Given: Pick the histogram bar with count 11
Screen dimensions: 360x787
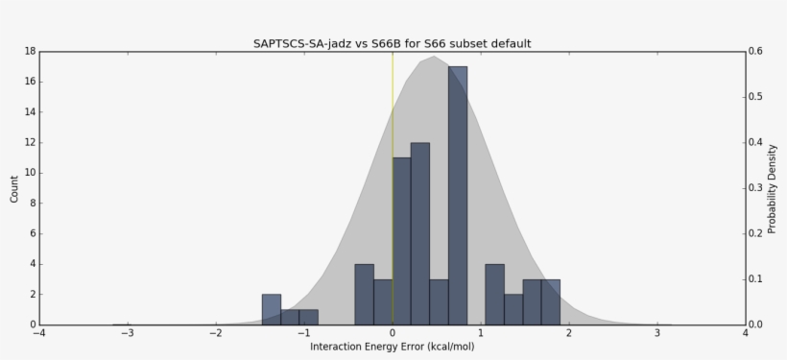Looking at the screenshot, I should coord(402,241).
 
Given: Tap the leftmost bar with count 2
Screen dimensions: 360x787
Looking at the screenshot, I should coord(272,309).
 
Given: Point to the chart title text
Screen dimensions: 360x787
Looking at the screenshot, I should coord(392,43).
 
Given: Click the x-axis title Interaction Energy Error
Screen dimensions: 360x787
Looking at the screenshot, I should coord(392,347).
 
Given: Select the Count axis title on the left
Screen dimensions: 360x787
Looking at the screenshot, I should coord(13,187).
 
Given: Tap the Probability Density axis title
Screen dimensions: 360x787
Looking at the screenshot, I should coord(772,188).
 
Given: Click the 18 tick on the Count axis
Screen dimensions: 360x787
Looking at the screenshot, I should coord(31,51).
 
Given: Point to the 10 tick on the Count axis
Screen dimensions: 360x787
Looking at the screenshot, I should coord(31,173).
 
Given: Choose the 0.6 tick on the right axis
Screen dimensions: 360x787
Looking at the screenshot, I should coord(756,51).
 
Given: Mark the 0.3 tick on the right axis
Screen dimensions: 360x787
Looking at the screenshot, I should coord(756,188).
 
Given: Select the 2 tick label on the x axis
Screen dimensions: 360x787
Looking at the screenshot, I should coord(569,333).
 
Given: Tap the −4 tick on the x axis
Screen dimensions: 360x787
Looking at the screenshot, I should coord(38,333).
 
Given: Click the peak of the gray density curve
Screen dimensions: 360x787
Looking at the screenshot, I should coord(434,57).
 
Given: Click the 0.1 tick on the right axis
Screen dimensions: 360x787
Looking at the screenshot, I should coord(756,279).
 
